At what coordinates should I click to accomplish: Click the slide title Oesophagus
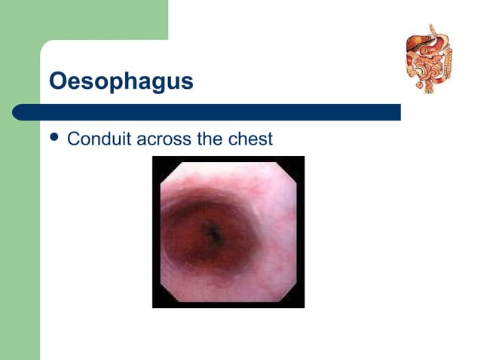pos(121,81)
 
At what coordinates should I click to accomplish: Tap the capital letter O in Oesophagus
pos(58,81)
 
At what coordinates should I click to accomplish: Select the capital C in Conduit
pos(74,139)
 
